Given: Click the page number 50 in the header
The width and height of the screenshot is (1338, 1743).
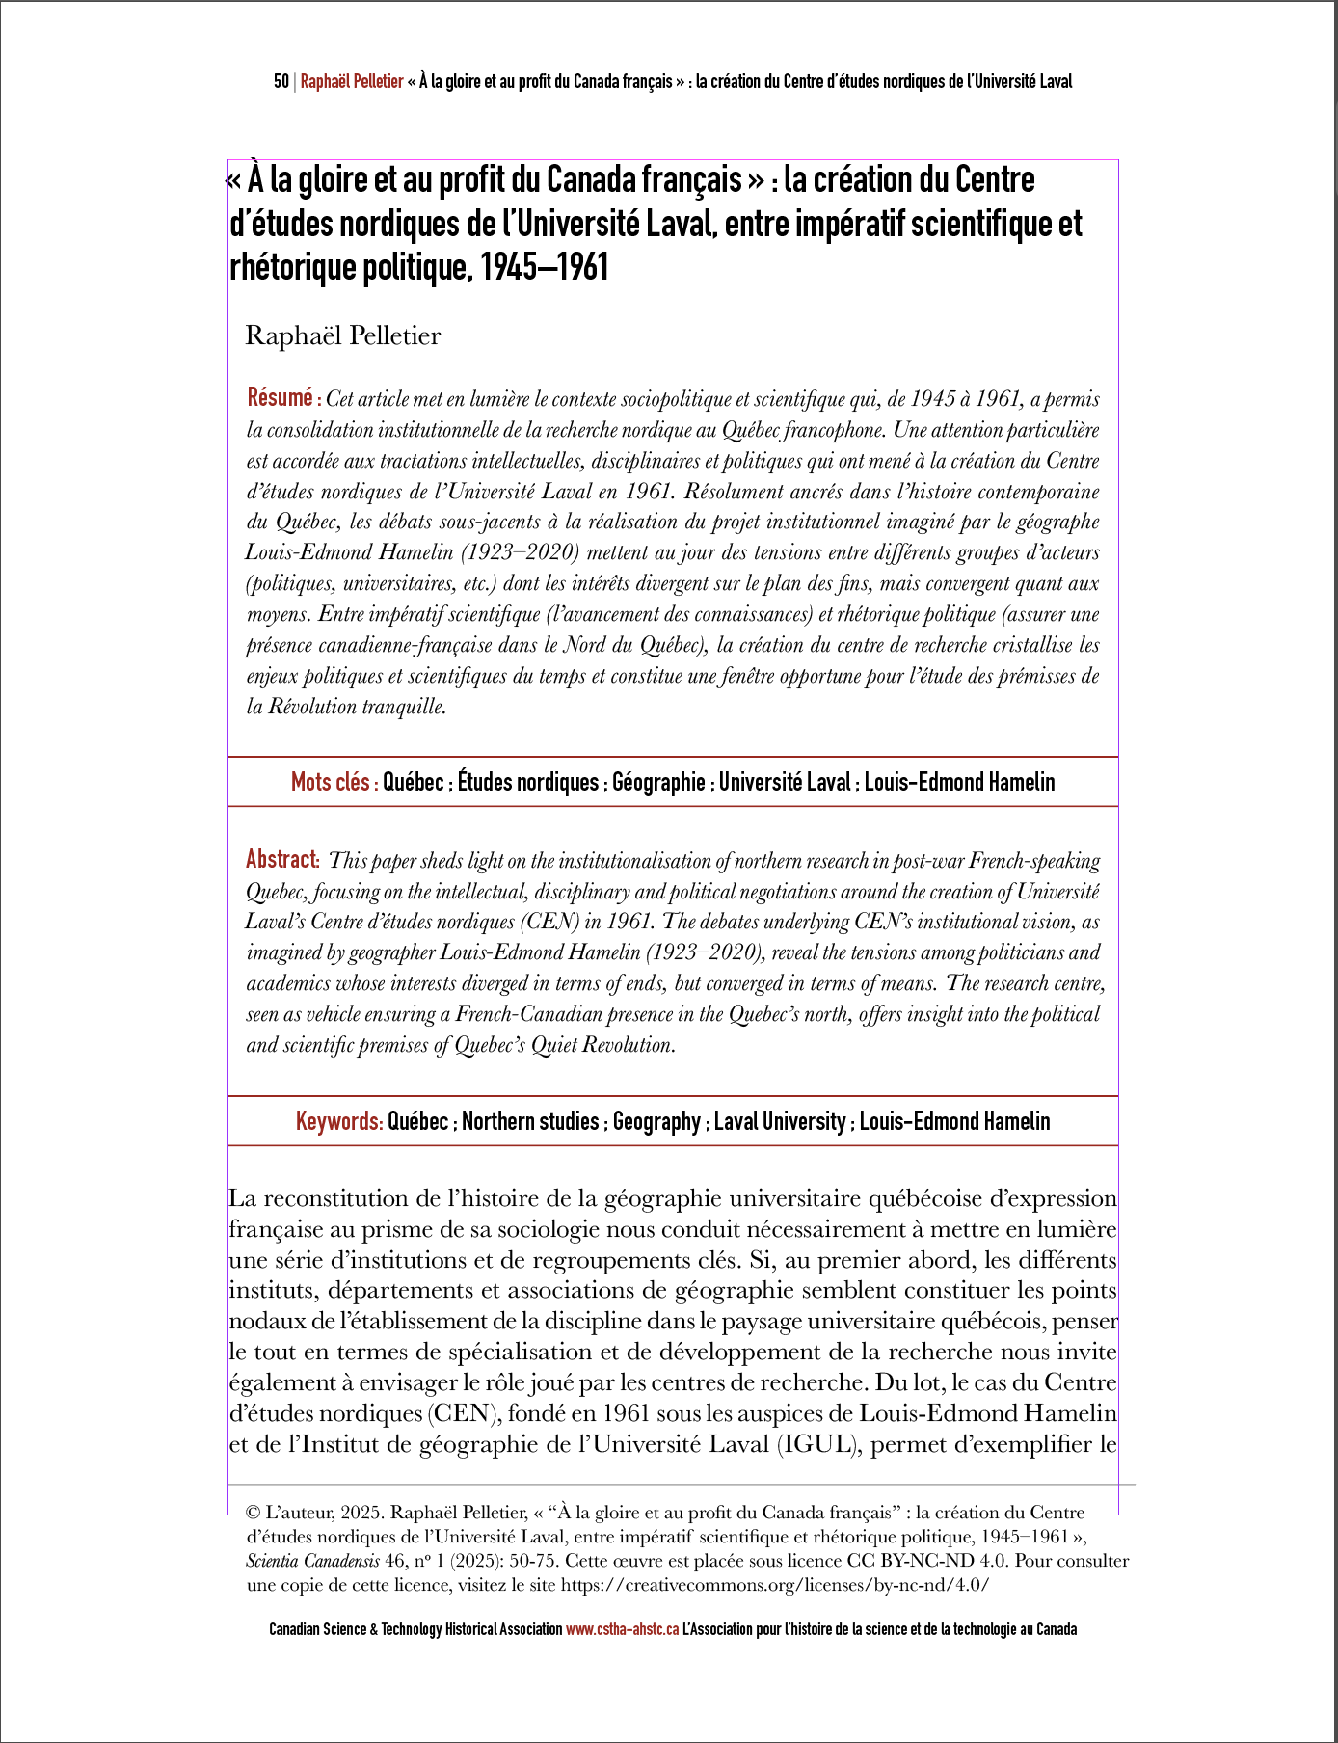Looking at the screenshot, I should coord(281,82).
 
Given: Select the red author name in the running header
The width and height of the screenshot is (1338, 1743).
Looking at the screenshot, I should coord(352,82).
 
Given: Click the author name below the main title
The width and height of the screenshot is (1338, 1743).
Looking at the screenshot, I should coord(343,335).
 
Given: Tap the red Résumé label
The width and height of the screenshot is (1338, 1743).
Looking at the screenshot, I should coord(282,397).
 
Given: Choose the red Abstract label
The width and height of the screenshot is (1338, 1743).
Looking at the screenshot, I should coord(282,859).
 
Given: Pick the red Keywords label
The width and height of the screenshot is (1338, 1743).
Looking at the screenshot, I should coord(338,1121).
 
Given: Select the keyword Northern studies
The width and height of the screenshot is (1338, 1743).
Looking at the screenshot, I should coord(530,1121).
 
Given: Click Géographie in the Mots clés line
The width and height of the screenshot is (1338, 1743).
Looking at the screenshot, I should coord(658,782).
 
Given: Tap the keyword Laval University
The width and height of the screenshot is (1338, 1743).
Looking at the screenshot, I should coord(780,1121).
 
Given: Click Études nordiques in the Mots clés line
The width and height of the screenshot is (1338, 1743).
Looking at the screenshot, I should coord(527,782).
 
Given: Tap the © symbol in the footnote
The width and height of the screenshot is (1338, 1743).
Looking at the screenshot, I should coord(254,1513).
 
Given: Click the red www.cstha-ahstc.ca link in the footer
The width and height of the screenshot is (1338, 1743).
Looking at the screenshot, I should coord(622,1629).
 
